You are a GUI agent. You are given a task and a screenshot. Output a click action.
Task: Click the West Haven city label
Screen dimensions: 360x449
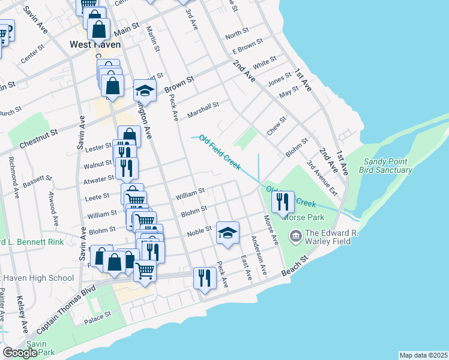pos(95,44)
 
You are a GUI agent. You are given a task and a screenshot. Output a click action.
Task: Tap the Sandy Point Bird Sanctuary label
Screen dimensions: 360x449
pos(385,166)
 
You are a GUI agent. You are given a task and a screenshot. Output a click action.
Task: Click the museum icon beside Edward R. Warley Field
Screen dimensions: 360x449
pos(295,235)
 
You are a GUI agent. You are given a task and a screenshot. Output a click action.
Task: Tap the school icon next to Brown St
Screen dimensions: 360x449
pos(145,91)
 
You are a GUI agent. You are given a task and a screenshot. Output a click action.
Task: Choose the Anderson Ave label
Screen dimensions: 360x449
pos(259,255)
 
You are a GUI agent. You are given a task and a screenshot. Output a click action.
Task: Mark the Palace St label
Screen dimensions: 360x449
pos(98,314)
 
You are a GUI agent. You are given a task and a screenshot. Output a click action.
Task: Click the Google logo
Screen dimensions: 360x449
pos(20,353)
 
